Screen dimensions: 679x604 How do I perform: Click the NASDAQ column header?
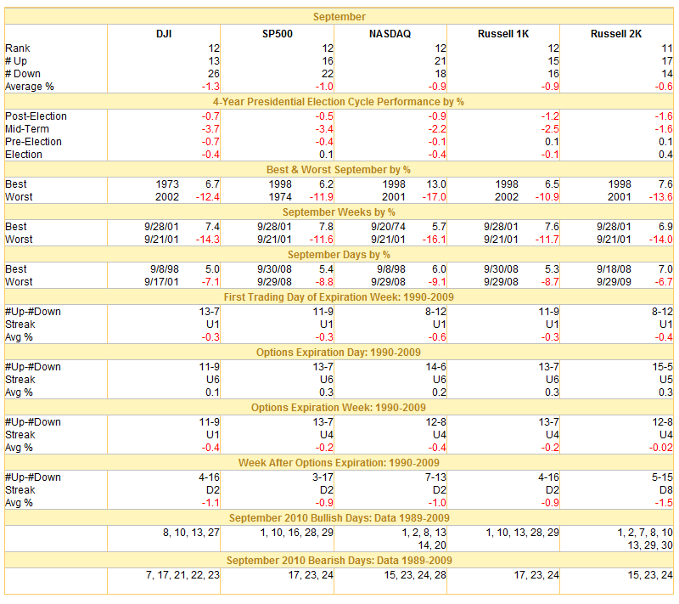390,34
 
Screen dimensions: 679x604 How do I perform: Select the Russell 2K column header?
616,34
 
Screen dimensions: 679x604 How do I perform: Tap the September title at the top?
339,17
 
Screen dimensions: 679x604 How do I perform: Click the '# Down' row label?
23,74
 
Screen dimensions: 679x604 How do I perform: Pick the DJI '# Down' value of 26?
214,74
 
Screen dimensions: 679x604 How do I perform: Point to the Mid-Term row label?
27,129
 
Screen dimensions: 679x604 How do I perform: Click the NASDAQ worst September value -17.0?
435,197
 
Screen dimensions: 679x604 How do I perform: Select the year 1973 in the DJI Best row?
167,184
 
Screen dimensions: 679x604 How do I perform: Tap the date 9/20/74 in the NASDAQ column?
388,227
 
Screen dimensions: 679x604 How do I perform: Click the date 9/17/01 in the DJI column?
161,282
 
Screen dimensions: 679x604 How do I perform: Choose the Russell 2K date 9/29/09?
614,282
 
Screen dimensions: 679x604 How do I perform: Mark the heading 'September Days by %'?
339,255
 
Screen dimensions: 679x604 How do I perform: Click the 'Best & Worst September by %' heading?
339,170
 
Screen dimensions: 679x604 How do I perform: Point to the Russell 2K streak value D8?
666,490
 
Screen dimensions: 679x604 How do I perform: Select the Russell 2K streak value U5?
666,380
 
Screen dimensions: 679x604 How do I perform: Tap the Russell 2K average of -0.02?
661,448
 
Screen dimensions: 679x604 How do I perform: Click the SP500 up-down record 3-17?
323,477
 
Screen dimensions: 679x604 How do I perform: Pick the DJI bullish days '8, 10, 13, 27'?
191,533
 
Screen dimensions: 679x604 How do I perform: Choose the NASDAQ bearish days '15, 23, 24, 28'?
415,575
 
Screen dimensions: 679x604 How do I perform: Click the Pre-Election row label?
33,142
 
